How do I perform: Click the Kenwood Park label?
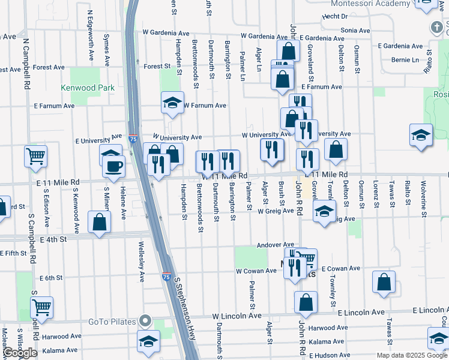[x=88, y=88]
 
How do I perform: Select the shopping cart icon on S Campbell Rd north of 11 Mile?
[x=36, y=156]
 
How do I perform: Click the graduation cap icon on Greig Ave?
[x=324, y=212]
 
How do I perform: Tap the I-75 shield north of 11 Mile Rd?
[x=133, y=139]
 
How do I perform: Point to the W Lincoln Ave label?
[x=237, y=316]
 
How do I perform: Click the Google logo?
[x=19, y=353]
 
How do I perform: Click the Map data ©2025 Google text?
[x=411, y=355]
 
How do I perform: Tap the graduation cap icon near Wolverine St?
[x=421, y=135]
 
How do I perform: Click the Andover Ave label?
[x=275, y=245]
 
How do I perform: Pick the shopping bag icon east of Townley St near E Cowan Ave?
[x=384, y=283]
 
